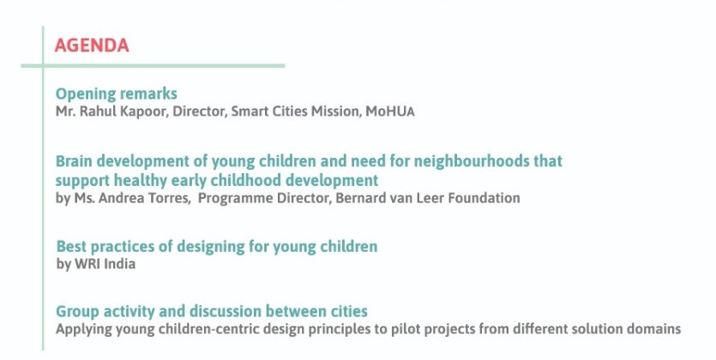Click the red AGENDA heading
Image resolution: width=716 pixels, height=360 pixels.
pos(92,45)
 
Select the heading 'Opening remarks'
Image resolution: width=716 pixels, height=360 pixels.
pos(116,94)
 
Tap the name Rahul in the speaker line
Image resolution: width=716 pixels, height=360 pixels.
pos(97,111)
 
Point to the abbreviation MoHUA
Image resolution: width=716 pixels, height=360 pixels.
pos(390,111)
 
